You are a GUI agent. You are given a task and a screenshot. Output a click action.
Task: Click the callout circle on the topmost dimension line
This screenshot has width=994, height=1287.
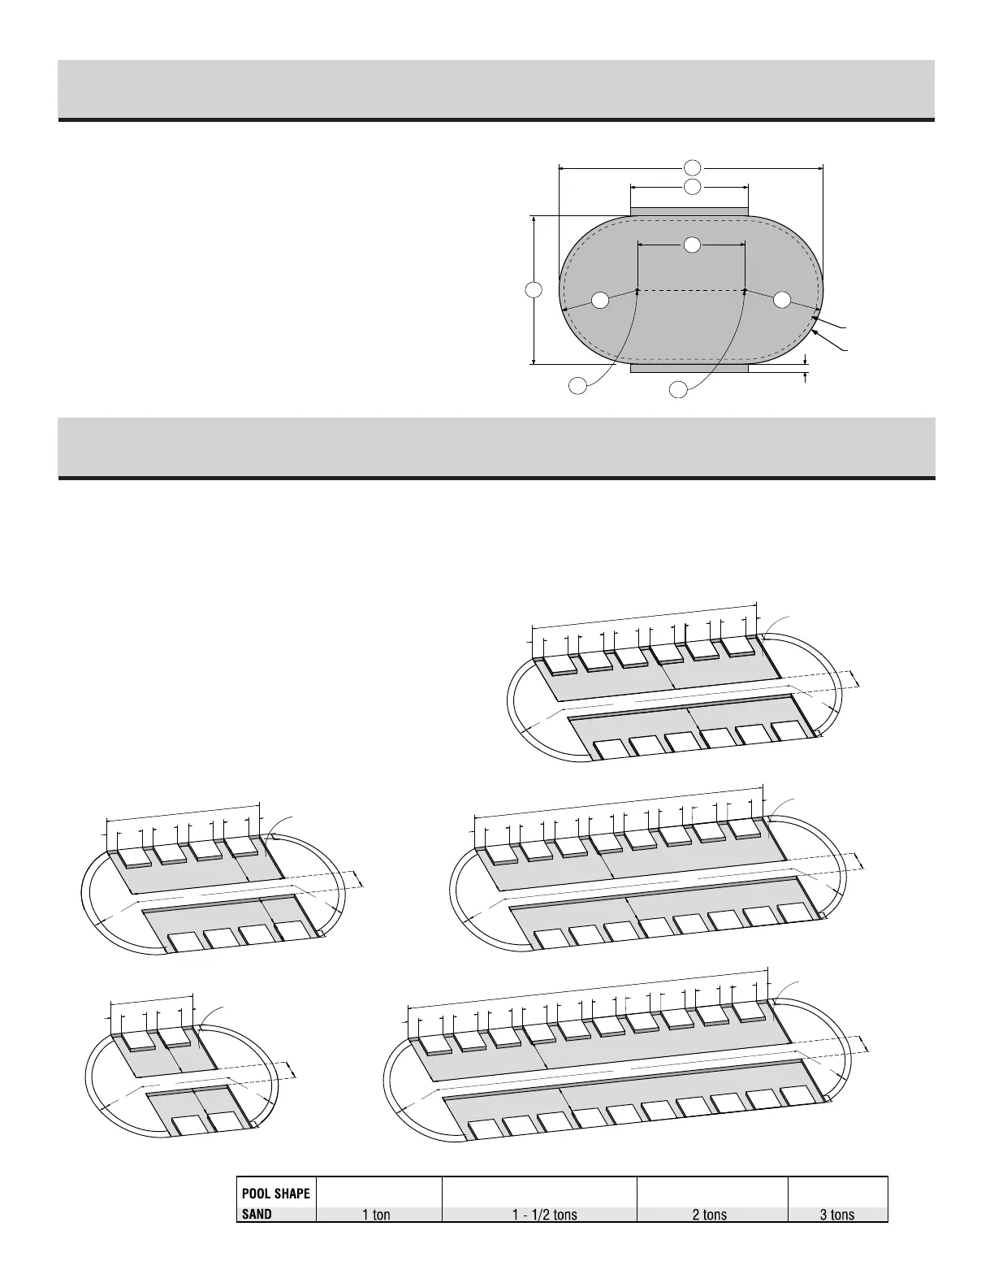click(x=692, y=168)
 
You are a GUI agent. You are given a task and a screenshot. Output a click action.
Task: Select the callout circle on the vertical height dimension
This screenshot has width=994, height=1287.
click(x=534, y=290)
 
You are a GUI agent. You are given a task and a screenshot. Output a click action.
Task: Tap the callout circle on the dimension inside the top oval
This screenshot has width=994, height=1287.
click(x=692, y=244)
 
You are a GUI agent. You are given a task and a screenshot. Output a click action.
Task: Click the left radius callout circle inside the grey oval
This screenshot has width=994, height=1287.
click(x=599, y=300)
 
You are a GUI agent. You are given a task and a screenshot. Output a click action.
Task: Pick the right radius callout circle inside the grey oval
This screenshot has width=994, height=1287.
click(x=782, y=300)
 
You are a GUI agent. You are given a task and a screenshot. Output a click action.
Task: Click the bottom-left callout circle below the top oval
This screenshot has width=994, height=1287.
click(x=577, y=386)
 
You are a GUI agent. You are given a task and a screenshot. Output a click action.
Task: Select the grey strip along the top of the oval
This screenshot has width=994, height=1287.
click(x=689, y=212)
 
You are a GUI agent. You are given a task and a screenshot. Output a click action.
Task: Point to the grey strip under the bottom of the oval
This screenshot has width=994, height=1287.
click(x=689, y=368)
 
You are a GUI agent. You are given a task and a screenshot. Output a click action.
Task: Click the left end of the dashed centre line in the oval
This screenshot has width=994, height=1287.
click(x=638, y=290)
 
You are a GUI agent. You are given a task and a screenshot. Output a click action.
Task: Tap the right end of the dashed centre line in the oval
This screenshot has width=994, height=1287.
click(x=745, y=290)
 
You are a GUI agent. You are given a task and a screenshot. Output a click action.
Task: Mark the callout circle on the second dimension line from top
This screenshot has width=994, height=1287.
click(x=692, y=187)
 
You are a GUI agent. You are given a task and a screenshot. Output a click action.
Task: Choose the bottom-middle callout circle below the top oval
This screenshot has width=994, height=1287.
click(x=677, y=390)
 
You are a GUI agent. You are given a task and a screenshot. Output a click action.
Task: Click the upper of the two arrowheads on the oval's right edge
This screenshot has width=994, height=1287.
click(x=814, y=318)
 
